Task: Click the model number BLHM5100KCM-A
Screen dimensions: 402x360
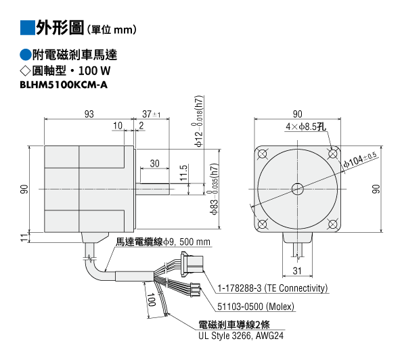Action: coord(64,85)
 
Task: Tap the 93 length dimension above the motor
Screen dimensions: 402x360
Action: coord(89,114)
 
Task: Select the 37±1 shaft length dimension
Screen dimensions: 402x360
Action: coord(152,114)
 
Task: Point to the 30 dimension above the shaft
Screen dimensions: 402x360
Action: coord(154,163)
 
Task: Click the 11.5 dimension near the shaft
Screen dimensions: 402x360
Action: coord(184,173)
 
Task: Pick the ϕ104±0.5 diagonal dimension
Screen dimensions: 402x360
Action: coord(360,160)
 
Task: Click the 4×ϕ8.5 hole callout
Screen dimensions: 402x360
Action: coord(306,127)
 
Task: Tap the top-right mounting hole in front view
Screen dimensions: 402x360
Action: coord(333,154)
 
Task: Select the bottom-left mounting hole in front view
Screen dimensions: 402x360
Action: coord(262,225)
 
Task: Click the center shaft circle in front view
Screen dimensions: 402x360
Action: coord(297,189)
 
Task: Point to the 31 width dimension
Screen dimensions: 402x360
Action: coord(297,271)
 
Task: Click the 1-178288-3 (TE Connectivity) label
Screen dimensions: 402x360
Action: coord(273,288)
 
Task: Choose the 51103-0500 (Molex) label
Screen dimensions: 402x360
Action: coord(256,307)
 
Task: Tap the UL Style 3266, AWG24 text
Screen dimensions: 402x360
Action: coord(241,336)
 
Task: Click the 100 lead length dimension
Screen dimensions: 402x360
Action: coord(152,300)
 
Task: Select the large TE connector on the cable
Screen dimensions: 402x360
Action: coord(192,264)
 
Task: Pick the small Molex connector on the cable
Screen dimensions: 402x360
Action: coord(196,290)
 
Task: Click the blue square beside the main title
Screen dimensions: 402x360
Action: coord(28,28)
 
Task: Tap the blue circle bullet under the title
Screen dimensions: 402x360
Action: coord(26,55)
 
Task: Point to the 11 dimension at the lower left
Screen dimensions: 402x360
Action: coord(24,238)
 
